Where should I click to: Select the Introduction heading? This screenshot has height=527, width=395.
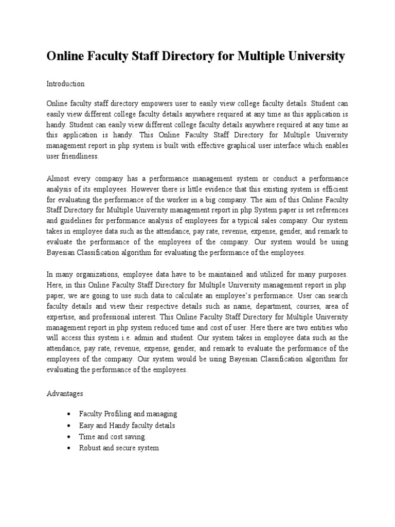(66, 83)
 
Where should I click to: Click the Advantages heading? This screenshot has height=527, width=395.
(64, 393)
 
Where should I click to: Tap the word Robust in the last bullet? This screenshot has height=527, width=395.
(90, 448)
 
